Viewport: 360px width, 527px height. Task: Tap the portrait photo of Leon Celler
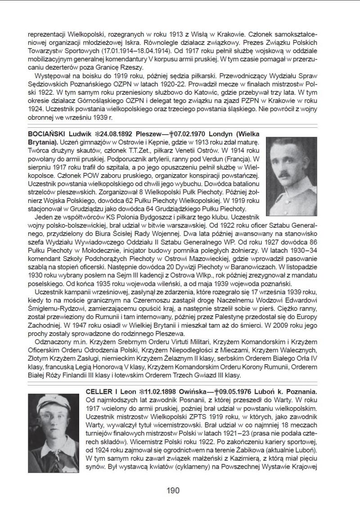(x=54, y=432)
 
